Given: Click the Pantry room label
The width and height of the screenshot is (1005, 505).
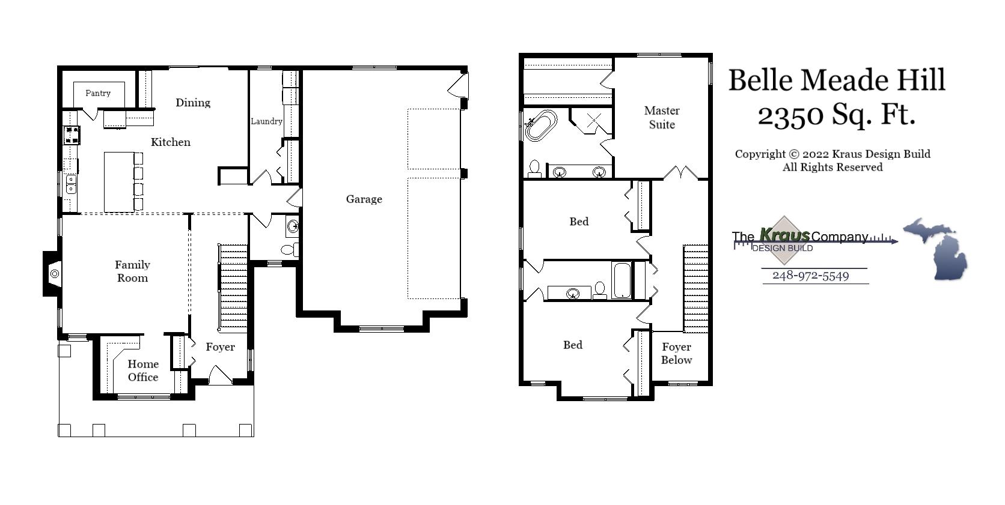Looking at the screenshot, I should coord(98,93).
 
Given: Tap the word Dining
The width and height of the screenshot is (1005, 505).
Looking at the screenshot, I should coord(193,103).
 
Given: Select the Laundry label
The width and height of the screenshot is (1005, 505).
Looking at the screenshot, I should coord(266,121).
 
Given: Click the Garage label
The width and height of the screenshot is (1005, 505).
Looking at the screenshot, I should coord(364,199).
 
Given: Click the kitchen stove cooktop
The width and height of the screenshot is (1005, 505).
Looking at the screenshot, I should coord(72,135).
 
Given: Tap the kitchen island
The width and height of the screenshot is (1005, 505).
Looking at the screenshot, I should coord(118,181).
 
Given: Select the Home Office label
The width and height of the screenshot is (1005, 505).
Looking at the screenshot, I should coord(143,370).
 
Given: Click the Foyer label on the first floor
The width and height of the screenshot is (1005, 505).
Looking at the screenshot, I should coord(220,347).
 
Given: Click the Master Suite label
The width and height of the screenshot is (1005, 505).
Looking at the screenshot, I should coord(661,118).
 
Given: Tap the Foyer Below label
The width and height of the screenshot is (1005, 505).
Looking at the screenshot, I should coord(676,354).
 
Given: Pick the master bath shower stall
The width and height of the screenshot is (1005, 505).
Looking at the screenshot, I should coord(592,121).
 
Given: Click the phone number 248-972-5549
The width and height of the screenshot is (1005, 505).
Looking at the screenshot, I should coord(810,276).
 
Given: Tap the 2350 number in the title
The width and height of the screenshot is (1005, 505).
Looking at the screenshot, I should coord(790,114).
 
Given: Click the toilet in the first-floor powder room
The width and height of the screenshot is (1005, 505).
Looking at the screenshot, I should coord(289,249).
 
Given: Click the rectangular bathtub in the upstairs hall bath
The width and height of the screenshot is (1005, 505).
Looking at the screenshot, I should coord(622,280).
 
